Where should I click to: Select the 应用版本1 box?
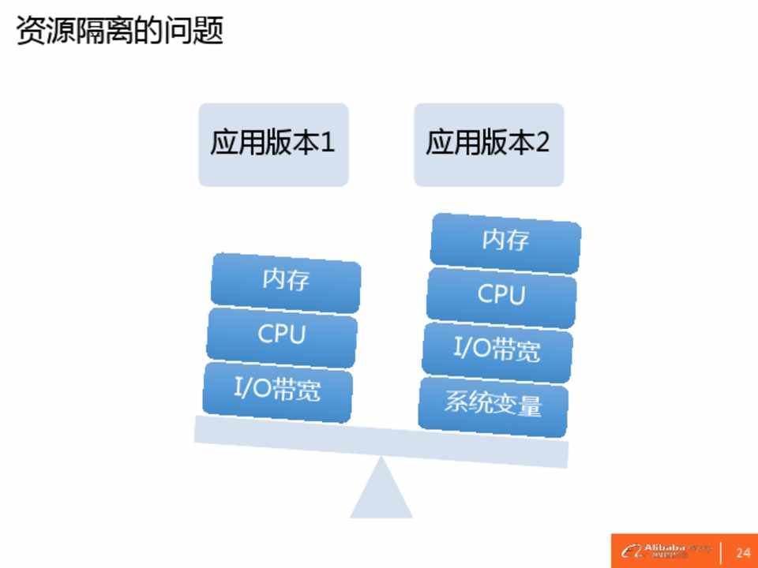point(273,144)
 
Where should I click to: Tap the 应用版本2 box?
point(489,144)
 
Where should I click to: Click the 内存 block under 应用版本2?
point(505,240)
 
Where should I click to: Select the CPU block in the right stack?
point(501,296)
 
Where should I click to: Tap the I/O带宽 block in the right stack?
point(497,349)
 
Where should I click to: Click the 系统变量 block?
point(493,405)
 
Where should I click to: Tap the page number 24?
point(742,551)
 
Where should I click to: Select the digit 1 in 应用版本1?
point(328,144)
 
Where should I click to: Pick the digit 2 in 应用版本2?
point(542,144)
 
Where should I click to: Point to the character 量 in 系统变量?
point(529,405)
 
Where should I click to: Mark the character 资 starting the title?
point(30,31)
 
